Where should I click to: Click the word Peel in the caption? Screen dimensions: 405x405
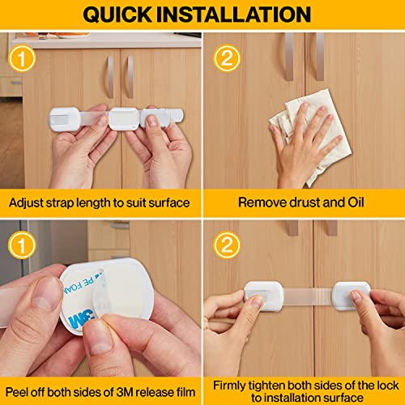tap(21, 384)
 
